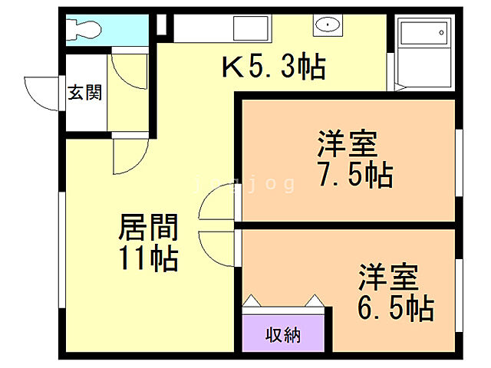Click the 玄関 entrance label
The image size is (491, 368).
click(84, 94)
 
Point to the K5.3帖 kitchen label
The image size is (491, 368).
click(273, 68)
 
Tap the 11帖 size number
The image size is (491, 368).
click(149, 259)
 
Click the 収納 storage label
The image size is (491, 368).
click(283, 335)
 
